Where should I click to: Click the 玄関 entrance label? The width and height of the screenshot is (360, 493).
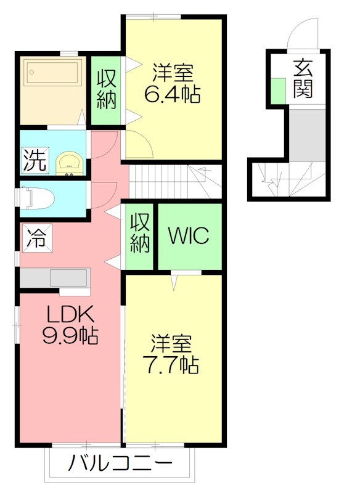coord(303,79)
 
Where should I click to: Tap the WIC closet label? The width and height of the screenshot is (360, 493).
coord(189,235)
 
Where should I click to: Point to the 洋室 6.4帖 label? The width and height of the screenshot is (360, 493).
coord(173,84)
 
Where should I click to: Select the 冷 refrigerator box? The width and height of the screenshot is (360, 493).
coord(35,238)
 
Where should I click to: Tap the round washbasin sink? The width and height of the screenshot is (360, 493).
coord(68,163)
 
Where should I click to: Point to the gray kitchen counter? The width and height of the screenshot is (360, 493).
coord(55,278)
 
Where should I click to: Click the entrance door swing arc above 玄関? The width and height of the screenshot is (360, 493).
coord(303,32)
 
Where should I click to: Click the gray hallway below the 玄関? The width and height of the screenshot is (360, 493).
coord(306,134)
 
